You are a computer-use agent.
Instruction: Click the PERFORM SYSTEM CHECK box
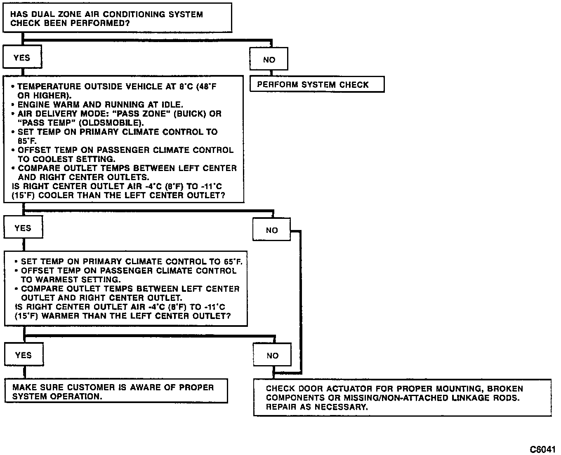click(316, 84)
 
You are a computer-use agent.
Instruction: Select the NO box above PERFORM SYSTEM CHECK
click(269, 60)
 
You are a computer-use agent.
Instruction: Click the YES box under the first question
click(22, 58)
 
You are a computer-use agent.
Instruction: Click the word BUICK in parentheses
click(190, 114)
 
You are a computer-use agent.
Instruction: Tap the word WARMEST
click(53, 280)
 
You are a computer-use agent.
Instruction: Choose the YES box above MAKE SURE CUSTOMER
click(23, 355)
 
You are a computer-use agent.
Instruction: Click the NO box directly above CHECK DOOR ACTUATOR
click(272, 356)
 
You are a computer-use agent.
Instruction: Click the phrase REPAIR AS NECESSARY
click(316, 407)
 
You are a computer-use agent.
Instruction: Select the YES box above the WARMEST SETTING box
click(23, 228)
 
